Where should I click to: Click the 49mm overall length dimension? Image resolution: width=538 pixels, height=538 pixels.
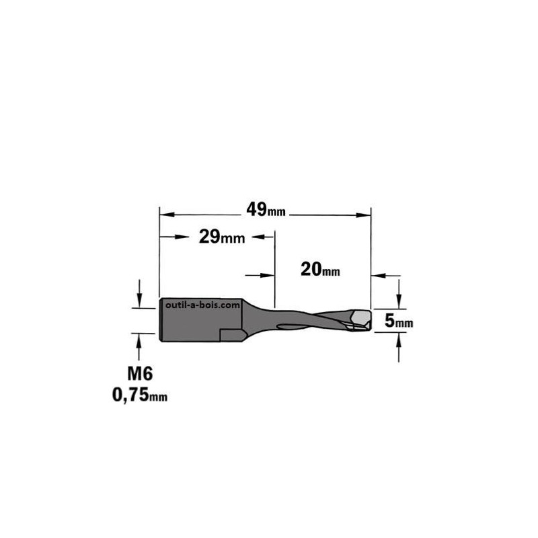point(266,209)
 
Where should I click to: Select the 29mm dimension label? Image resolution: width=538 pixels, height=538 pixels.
point(222,237)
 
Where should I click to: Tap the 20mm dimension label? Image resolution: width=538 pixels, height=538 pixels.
point(320,269)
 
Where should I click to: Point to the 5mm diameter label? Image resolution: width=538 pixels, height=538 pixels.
point(399,321)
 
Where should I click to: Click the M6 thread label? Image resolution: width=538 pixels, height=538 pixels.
point(140,373)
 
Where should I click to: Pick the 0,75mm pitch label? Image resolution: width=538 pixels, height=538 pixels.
point(140,395)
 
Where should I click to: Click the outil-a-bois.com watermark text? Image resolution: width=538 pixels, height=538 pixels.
point(202,305)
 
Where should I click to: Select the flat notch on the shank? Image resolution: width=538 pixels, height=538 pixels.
point(232,334)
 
